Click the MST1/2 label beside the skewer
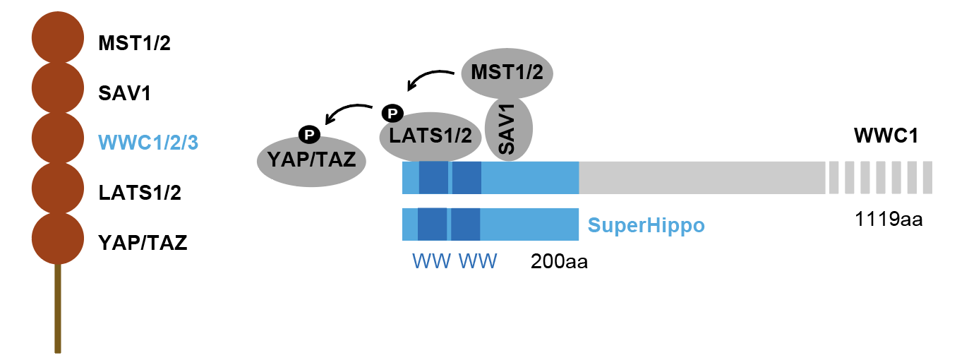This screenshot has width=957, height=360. (x=135, y=44)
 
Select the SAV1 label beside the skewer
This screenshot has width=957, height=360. (x=126, y=93)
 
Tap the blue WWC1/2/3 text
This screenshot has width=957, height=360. (x=148, y=143)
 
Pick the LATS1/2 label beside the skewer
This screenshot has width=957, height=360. (x=140, y=193)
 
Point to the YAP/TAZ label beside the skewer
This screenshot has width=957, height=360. (x=143, y=244)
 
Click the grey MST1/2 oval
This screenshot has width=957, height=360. (x=506, y=73)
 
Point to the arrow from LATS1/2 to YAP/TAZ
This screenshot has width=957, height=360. (x=346, y=112)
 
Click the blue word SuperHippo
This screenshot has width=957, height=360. (x=646, y=226)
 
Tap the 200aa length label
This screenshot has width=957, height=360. (x=559, y=262)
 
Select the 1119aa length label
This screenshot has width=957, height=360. (x=889, y=220)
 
